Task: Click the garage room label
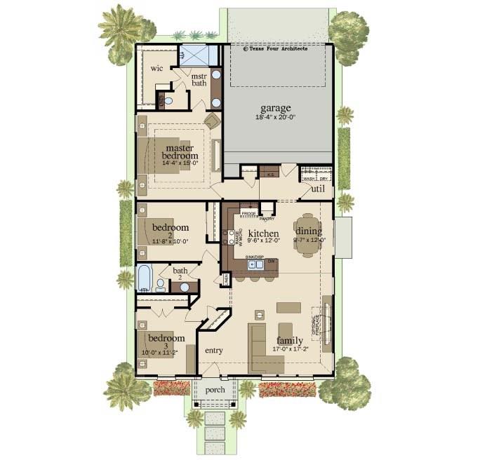pos(275,108)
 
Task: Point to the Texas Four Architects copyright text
pos(275,49)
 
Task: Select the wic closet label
pos(156,69)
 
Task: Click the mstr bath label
pos(199,79)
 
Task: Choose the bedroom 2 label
pos(171,228)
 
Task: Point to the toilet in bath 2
pos(161,285)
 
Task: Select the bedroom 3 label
pos(166,338)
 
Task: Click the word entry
pos(213,350)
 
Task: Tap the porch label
pos(215,390)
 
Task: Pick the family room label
pos(289,341)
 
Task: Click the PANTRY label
pos(267,219)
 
